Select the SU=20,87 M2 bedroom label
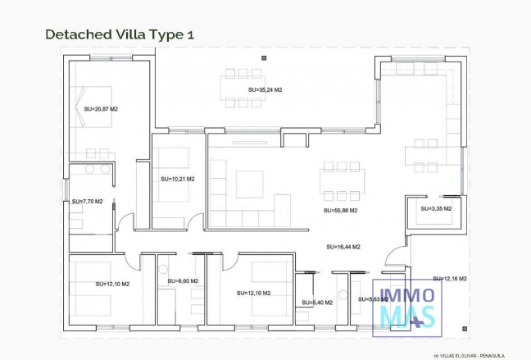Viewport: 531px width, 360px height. click(101, 108)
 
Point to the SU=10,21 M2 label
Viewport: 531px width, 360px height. click(177, 178)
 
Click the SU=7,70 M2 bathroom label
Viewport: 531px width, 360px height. click(88, 200)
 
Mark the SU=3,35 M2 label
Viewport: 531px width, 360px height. click(435, 208)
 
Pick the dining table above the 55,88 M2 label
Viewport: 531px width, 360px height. click(339, 181)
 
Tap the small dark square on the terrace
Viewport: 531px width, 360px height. click(265, 57)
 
